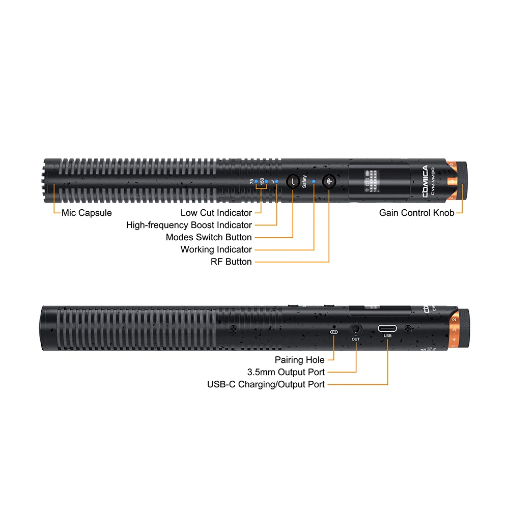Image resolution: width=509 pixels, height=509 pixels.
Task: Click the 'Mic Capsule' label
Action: [x=87, y=213]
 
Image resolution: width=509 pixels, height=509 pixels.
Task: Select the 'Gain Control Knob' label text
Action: [x=416, y=213]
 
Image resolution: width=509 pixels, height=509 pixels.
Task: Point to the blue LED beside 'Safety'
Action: [x=314, y=181]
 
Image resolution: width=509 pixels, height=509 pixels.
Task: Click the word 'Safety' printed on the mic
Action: [x=304, y=181]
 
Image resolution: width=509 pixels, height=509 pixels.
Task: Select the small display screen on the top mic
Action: [x=374, y=181]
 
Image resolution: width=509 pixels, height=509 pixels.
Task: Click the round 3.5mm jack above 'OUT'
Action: [x=355, y=329]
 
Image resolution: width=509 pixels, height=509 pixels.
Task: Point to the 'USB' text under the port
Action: [x=388, y=336]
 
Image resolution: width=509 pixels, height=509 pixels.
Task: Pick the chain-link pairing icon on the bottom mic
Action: [x=334, y=332]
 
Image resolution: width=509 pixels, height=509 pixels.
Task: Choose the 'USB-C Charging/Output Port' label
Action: [x=266, y=384]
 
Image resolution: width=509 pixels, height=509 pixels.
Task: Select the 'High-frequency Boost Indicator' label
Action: [x=189, y=225]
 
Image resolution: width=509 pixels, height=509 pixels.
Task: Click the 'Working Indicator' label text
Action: [x=216, y=249]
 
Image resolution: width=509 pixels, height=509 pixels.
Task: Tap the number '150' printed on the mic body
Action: [x=262, y=181]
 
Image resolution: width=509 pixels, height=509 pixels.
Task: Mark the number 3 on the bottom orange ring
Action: [x=454, y=330]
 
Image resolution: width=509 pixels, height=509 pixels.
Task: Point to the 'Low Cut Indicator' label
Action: [x=216, y=213]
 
